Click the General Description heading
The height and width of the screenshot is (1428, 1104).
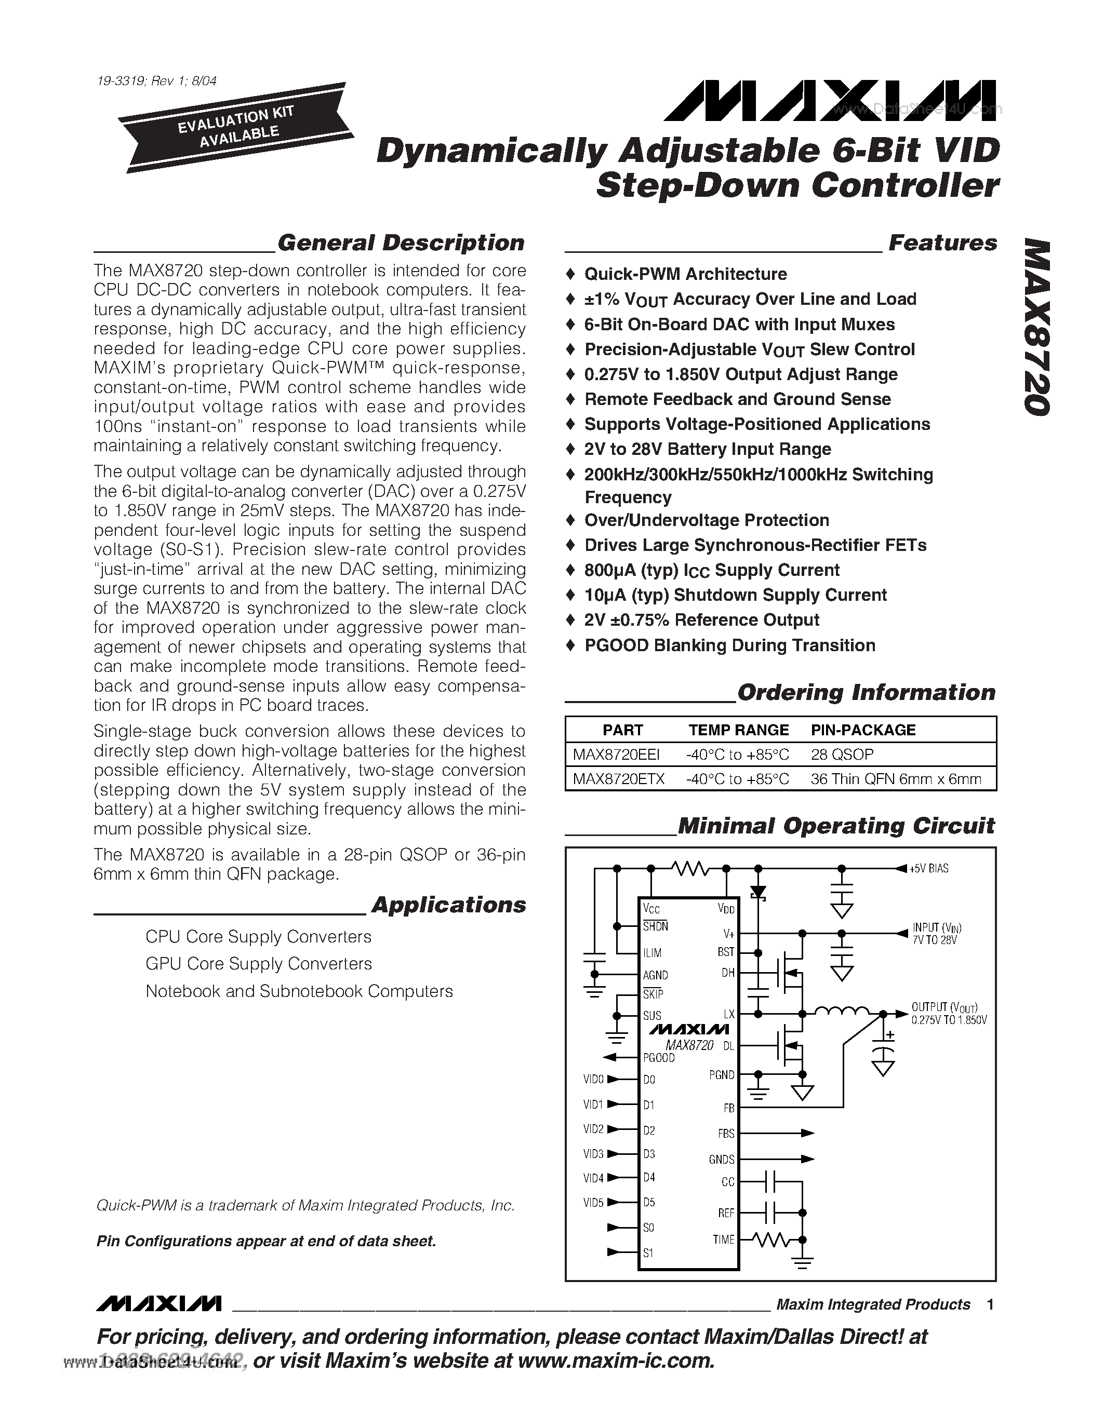[x=400, y=243]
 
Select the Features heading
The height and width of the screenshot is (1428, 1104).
[x=942, y=243]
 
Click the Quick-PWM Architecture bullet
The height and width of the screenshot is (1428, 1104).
[x=685, y=274]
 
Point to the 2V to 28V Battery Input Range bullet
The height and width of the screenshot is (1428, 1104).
[x=707, y=449]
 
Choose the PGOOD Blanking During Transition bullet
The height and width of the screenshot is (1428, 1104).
[x=729, y=645]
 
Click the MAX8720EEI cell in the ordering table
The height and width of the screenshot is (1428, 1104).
[x=616, y=755]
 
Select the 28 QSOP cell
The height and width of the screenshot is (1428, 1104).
[x=842, y=755]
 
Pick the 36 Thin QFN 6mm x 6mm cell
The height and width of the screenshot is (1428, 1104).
[x=895, y=779]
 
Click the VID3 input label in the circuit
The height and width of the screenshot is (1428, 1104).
[x=593, y=1153]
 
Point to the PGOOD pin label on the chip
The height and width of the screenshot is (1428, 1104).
[x=659, y=1057]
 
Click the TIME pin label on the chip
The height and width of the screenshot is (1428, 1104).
[x=723, y=1239]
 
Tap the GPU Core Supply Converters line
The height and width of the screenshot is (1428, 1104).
[x=258, y=964]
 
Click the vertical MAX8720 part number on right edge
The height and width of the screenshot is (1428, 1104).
[x=1036, y=327]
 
